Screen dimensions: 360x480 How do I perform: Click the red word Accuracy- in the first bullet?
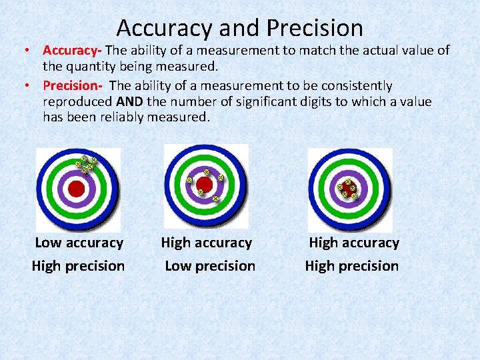point(72,50)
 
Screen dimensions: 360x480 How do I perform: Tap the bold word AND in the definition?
point(129,102)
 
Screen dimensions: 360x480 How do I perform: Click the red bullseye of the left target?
point(77,189)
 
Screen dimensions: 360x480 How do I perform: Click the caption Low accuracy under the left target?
point(79,243)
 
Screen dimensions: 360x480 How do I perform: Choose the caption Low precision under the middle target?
point(210,266)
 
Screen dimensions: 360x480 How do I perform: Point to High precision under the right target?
point(352,266)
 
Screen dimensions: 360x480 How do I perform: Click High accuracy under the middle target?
point(207,243)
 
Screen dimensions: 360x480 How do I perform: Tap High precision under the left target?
point(78,266)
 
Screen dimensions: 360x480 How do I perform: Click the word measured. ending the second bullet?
point(182,117)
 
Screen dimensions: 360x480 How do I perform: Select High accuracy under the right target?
point(354,243)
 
